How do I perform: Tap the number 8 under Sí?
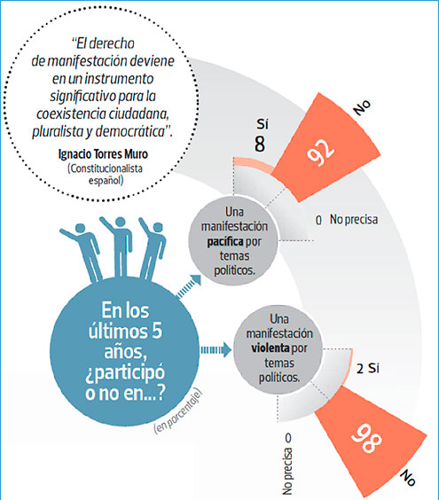pos(260,144)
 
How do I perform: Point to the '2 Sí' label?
pos(368,369)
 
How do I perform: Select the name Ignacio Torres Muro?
pos(103,154)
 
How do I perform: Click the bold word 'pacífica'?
pos(225,241)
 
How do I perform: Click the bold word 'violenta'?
pos(270,348)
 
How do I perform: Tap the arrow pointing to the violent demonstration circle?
pos(216,350)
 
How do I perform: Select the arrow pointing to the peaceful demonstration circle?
pos(189,286)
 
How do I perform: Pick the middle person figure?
pos(118,246)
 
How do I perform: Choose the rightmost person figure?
pos(153,250)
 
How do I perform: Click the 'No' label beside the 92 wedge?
pos(362,107)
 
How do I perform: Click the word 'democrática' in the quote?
pos(129,131)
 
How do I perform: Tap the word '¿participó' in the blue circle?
pos(125,373)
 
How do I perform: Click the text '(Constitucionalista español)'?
pos(106,174)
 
